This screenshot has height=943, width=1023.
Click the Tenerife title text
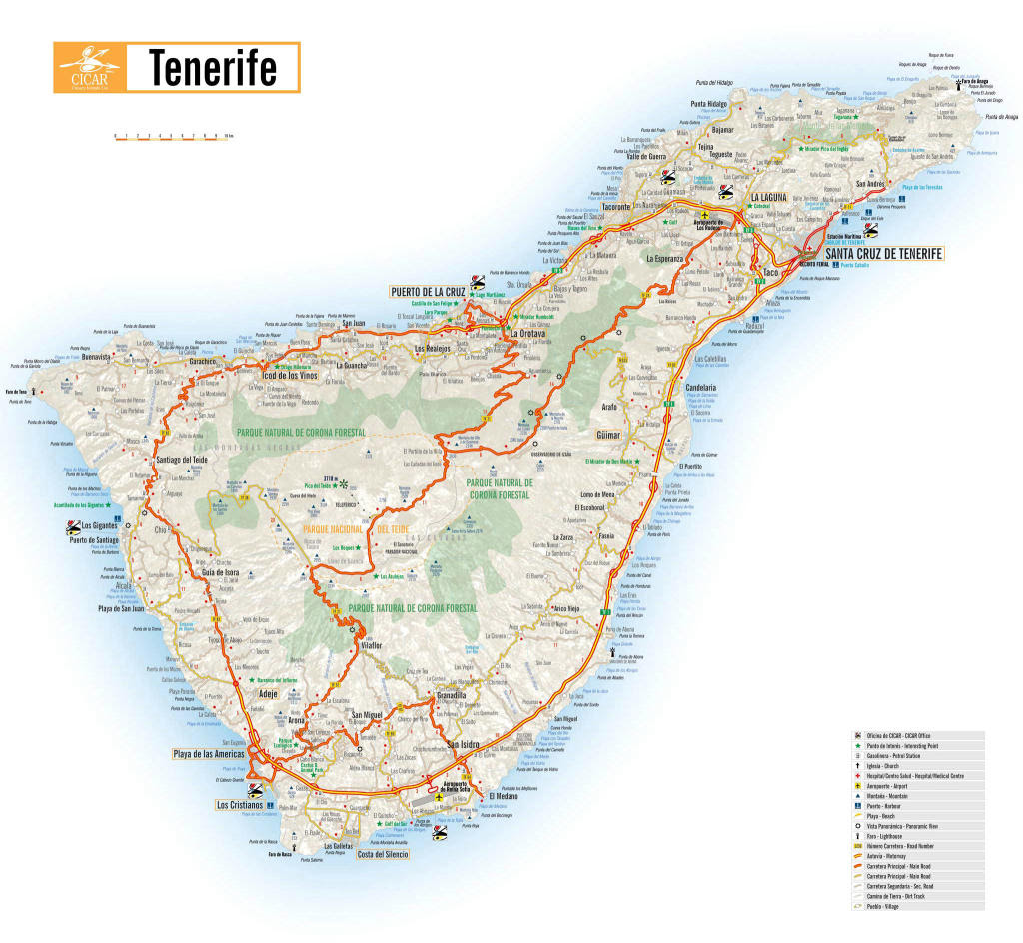(x=213, y=68)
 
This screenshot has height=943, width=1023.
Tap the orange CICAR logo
(x=89, y=68)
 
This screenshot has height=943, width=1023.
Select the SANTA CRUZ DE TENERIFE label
(x=884, y=254)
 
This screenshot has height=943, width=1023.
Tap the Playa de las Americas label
(x=208, y=753)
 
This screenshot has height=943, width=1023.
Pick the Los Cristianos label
(x=240, y=804)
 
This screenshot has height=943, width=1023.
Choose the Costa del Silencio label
(x=383, y=855)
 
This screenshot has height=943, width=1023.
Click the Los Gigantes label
(x=100, y=525)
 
